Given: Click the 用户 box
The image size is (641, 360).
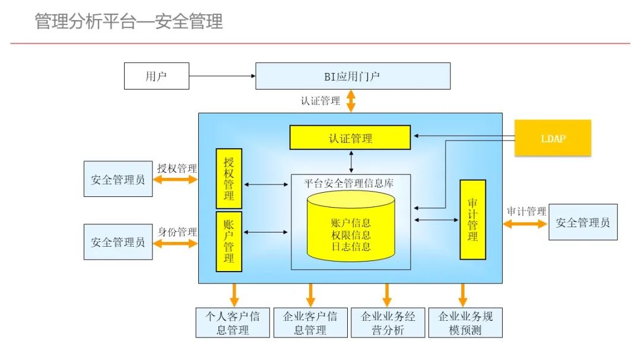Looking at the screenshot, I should pyautogui.click(x=157, y=76).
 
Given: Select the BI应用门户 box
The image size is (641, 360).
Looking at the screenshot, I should pyautogui.click(x=353, y=76).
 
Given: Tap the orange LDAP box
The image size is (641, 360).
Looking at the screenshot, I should pyautogui.click(x=553, y=138).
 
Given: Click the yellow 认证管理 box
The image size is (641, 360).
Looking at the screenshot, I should pyautogui.click(x=350, y=138).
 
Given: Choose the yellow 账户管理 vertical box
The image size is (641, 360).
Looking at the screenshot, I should pyautogui.click(x=229, y=241).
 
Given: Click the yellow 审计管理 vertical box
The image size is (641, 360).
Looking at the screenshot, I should pyautogui.click(x=472, y=219).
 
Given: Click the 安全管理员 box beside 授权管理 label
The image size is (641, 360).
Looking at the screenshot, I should pyautogui.click(x=118, y=179).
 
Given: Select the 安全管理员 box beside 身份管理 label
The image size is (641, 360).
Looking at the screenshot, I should pyautogui.click(x=118, y=241).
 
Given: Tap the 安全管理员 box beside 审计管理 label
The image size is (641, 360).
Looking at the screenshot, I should pyautogui.click(x=583, y=222).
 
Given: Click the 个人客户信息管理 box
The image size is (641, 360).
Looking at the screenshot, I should pyautogui.click(x=232, y=323).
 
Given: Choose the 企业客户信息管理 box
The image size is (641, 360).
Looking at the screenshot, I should pyautogui.click(x=310, y=323).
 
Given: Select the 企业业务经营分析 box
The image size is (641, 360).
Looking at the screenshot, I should pyautogui.click(x=388, y=323).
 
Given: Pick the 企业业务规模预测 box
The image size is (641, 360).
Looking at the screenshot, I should pyautogui.click(x=465, y=323).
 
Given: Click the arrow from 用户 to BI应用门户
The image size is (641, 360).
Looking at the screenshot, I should pyautogui.click(x=222, y=76).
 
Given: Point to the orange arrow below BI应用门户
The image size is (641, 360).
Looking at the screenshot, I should pyautogui.click(x=351, y=101).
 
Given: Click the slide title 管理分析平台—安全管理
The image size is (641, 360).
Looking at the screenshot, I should pyautogui.click(x=129, y=21).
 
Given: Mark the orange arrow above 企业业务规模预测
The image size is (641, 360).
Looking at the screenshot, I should pyautogui.click(x=463, y=295).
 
